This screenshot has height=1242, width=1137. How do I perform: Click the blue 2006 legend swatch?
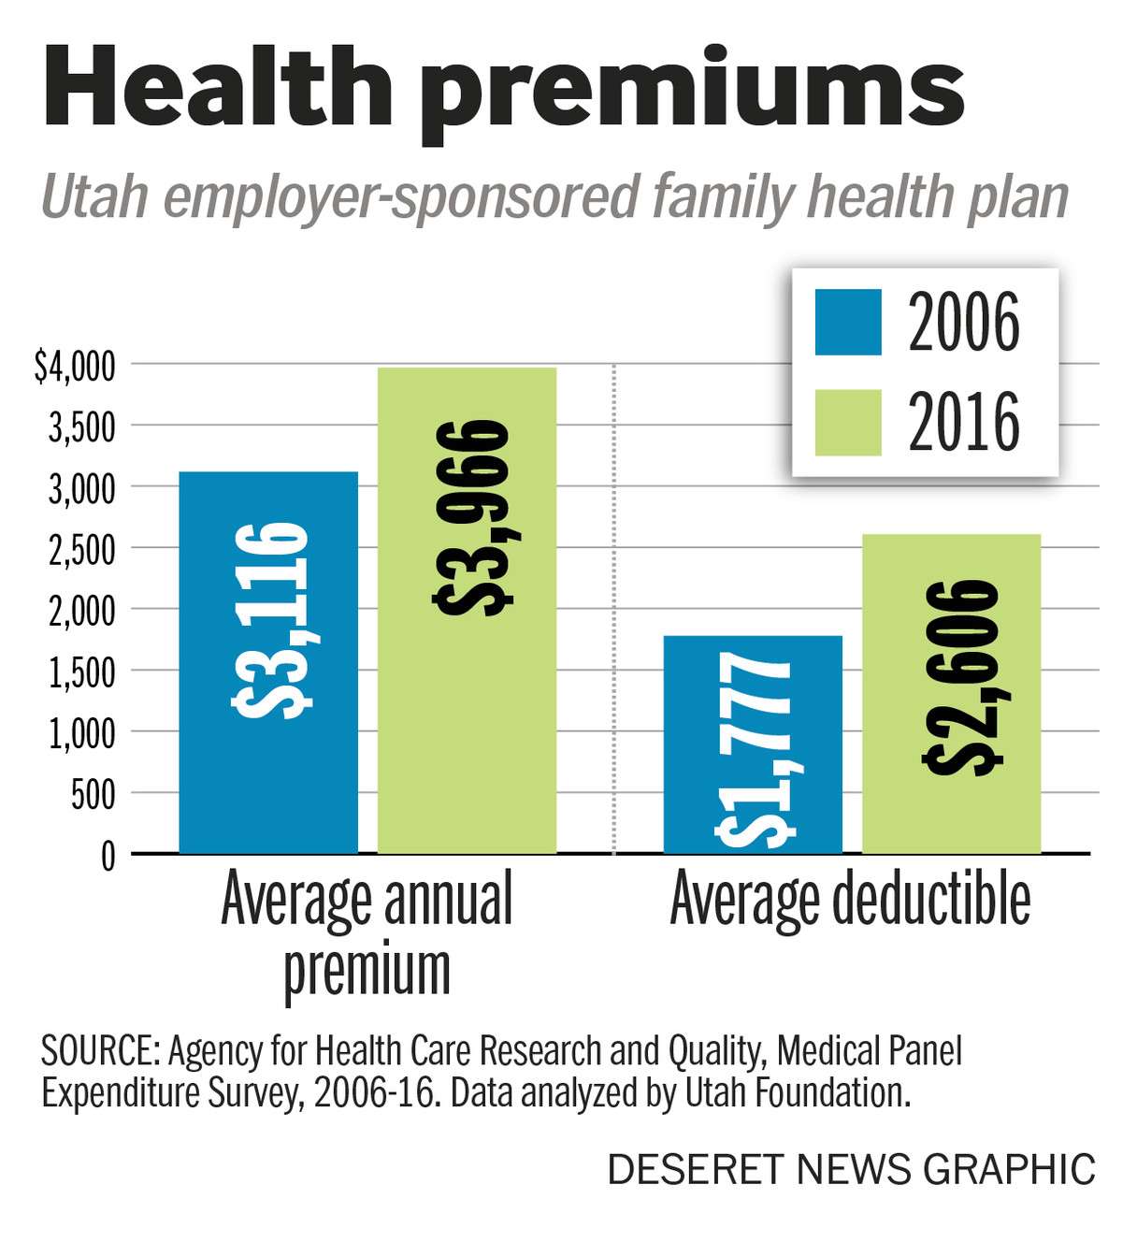click(847, 323)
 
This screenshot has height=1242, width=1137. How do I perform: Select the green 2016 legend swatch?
click(847, 423)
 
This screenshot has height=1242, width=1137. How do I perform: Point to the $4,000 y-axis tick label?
click(75, 366)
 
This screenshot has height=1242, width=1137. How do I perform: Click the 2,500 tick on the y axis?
click(81, 549)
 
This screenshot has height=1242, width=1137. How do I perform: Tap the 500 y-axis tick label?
click(93, 794)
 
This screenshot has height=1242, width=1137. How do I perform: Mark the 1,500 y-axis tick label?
click(81, 672)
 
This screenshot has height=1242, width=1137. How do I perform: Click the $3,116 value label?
click(270, 620)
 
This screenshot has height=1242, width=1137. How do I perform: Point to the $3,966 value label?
click(472, 516)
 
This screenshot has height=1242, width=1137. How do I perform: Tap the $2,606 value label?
click(962, 676)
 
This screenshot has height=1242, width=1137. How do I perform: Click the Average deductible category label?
click(850, 899)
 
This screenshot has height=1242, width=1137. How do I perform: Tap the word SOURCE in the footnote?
click(99, 1051)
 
